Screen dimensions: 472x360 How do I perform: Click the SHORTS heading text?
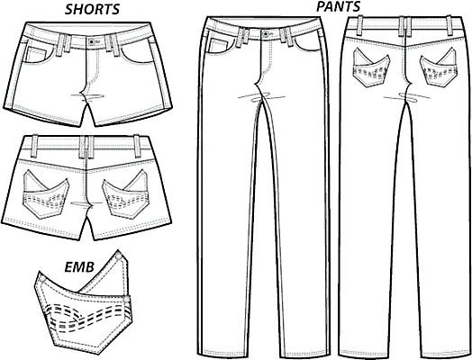click(93, 9)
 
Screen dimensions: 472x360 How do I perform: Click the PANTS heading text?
click(338, 6)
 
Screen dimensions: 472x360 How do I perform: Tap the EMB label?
click(79, 267)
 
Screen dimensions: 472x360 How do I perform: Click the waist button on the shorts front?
click(92, 41)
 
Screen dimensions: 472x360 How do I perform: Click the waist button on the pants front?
click(266, 33)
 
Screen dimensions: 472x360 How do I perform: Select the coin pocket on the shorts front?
click(35, 55)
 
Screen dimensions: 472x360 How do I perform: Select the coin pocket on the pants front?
click(218, 46)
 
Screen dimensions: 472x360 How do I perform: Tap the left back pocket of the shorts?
click(46, 194)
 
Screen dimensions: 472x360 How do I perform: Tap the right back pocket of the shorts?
click(126, 194)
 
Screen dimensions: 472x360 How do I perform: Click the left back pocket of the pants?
click(371, 67)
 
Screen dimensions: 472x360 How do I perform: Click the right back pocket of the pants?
click(438, 67)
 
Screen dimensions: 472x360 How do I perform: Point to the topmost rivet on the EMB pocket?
click(119, 256)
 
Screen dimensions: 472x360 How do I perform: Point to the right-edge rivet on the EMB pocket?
click(127, 299)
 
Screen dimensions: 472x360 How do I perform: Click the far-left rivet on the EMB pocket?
click(42, 279)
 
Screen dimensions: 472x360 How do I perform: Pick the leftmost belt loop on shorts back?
click(34, 146)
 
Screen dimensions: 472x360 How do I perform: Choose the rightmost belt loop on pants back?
click(449, 25)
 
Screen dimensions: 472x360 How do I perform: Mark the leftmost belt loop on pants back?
click(360, 25)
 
